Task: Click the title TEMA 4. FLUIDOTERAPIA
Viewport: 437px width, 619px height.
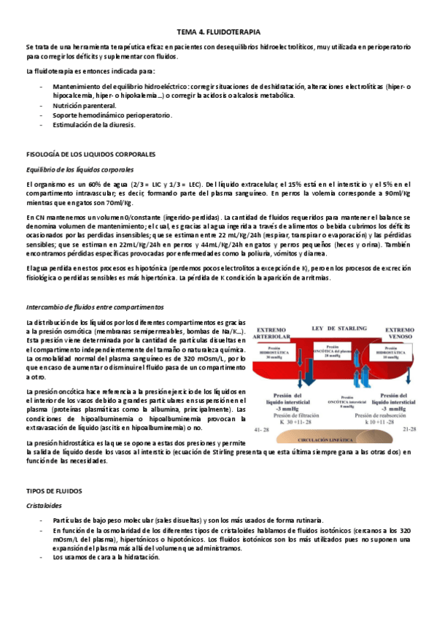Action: [218, 32]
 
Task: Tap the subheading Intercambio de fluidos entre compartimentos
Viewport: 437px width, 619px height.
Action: [94, 307]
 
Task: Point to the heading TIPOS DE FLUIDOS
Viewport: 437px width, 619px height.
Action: [55, 491]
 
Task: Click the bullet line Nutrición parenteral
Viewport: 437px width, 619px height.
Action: [84, 105]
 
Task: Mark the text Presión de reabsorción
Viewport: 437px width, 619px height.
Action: [394, 415]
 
